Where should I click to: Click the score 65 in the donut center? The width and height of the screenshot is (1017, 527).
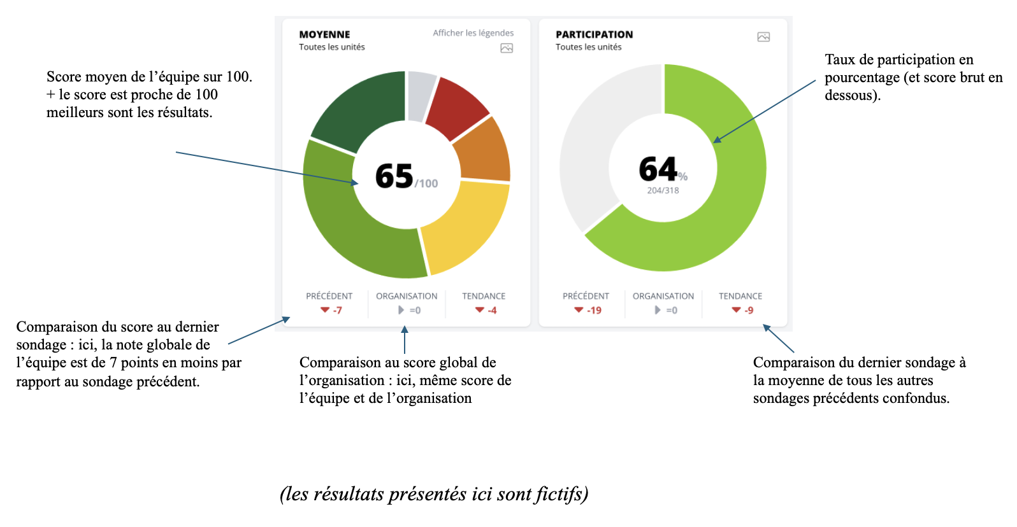tap(394, 176)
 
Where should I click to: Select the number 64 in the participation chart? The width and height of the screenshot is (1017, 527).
tap(658, 169)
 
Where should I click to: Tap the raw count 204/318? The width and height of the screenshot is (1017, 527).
tap(663, 190)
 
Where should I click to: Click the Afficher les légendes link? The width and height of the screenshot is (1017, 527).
tap(473, 33)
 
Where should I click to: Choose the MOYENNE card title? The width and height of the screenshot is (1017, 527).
tap(324, 34)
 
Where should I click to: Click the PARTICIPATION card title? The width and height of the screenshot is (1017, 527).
tap(594, 34)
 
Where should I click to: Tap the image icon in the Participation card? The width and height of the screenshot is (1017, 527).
tap(763, 37)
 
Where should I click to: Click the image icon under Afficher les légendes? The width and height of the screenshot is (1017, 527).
tap(507, 48)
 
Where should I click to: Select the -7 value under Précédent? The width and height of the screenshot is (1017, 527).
tap(337, 311)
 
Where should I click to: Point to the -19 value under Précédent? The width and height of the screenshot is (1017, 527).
tap(594, 311)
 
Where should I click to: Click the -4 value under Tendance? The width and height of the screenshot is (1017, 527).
tap(492, 311)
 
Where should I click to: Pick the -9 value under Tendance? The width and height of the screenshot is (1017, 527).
tap(749, 311)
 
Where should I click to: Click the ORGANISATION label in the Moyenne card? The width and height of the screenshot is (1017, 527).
tap(407, 296)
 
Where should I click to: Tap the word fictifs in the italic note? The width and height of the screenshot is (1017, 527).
tap(561, 495)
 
